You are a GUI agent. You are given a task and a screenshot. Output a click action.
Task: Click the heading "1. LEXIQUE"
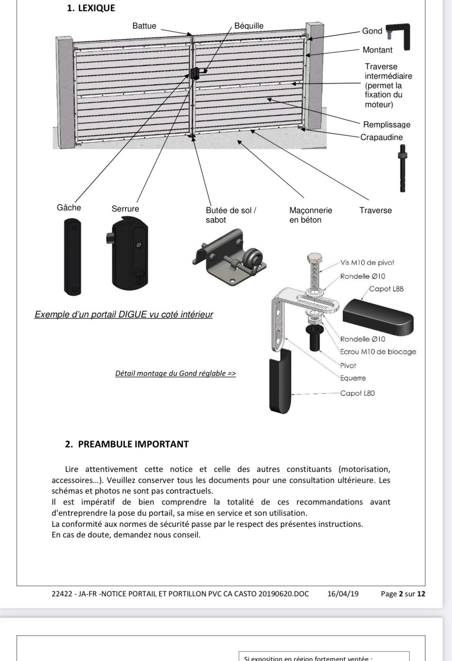91,8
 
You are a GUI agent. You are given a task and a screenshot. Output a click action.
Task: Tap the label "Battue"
144,26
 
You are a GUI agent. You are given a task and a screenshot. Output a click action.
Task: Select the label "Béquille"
249,26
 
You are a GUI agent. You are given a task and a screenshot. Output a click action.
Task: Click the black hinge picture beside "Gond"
399,36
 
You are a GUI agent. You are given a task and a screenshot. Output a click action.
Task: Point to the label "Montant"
377,50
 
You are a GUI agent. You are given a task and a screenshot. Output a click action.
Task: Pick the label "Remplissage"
386,125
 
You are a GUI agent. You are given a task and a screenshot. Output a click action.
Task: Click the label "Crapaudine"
381,137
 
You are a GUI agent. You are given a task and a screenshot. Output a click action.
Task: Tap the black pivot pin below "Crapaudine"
402,168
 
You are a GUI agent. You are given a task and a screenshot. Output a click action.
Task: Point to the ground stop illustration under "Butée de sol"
230,259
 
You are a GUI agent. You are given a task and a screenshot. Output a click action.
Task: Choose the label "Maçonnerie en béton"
311,215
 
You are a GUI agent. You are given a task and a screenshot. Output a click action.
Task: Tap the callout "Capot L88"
386,289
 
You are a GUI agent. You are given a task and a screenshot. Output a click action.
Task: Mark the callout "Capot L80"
357,393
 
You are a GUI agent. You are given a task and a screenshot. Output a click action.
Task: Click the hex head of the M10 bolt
315,259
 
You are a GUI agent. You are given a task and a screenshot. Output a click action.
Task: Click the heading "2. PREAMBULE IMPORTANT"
126,444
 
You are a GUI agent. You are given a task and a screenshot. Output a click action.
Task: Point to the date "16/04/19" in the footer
343,593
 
